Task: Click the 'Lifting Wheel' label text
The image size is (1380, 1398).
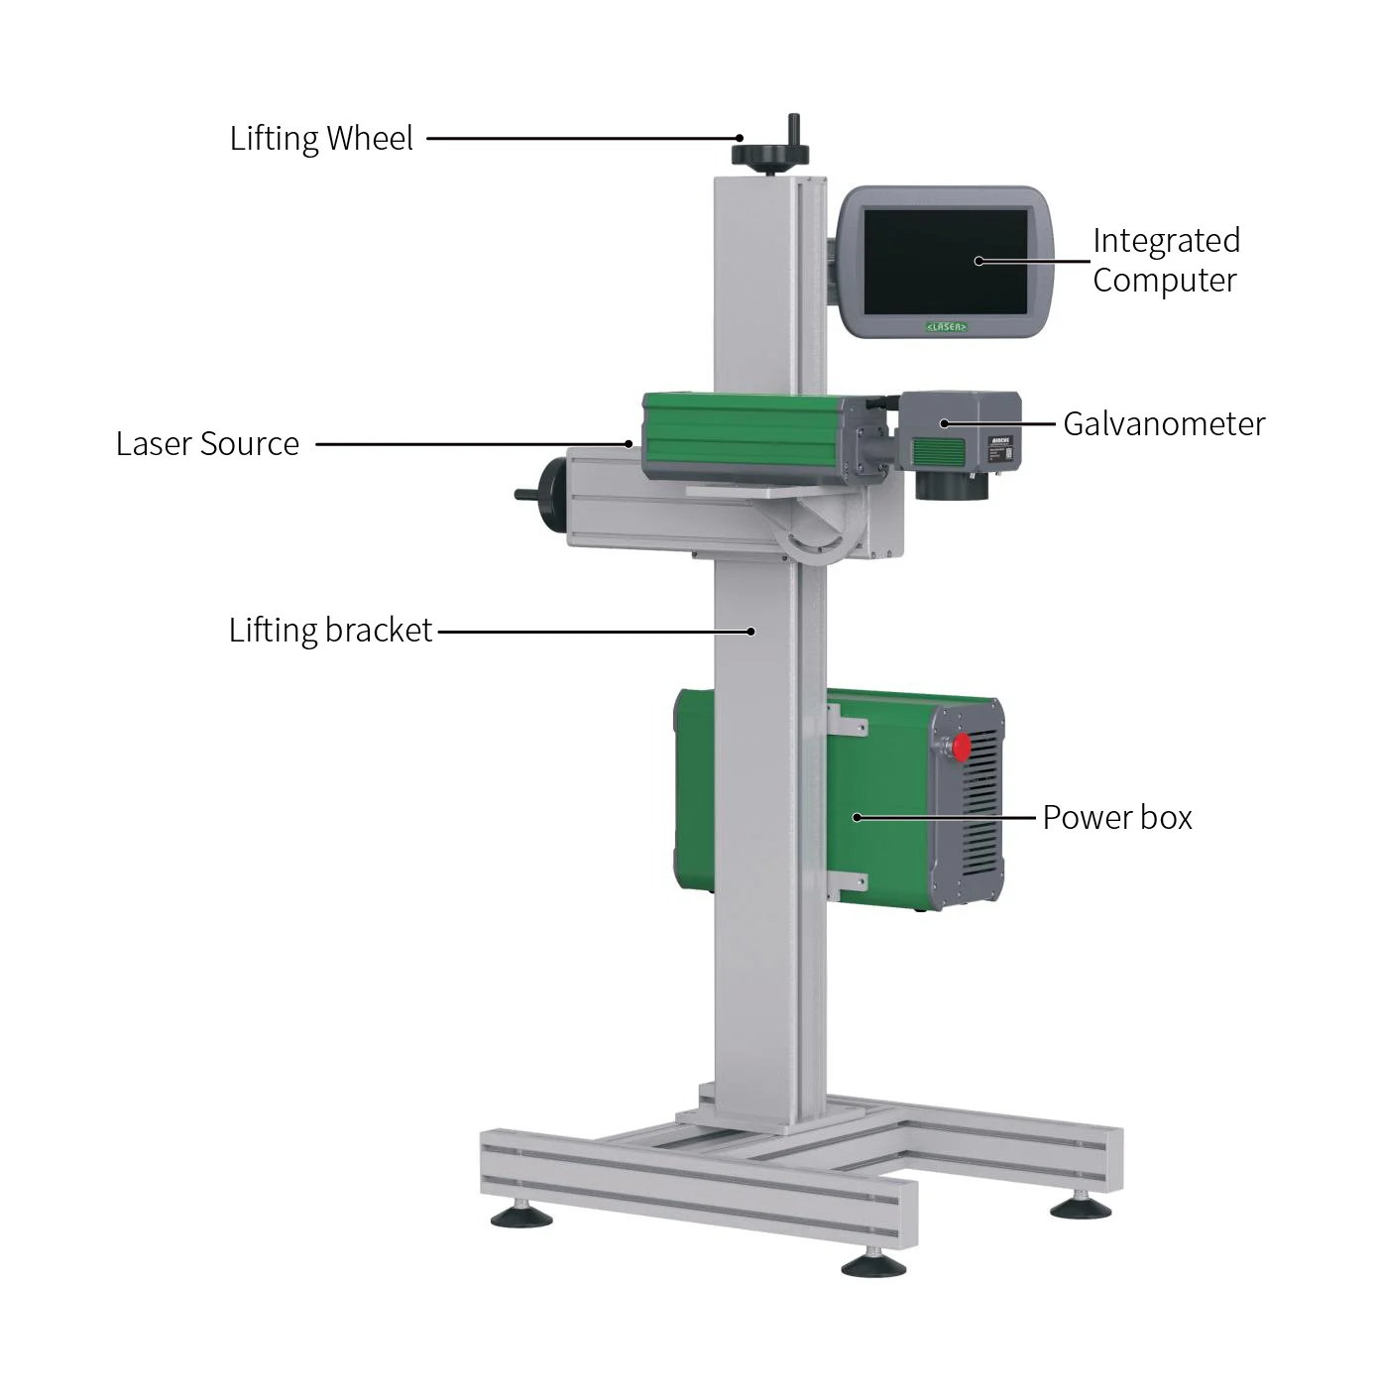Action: [321, 139]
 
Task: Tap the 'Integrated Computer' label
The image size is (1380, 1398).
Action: [1165, 261]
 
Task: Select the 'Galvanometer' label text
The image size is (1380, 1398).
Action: [1164, 424]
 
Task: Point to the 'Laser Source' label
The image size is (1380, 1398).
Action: [207, 444]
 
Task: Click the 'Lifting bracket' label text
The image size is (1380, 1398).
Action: [330, 631]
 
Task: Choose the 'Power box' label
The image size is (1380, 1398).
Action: [1116, 818]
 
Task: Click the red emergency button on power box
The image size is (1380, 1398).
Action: [961, 748]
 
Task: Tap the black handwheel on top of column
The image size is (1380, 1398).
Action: [770, 154]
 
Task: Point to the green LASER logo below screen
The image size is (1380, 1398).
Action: [946, 326]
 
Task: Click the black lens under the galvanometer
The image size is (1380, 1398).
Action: [951, 485]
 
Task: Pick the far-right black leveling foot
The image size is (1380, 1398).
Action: [1081, 1207]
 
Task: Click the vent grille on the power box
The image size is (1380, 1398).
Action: [979, 813]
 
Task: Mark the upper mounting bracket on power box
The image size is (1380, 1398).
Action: [847, 721]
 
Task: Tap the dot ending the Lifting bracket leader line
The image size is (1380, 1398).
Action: [751, 632]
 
